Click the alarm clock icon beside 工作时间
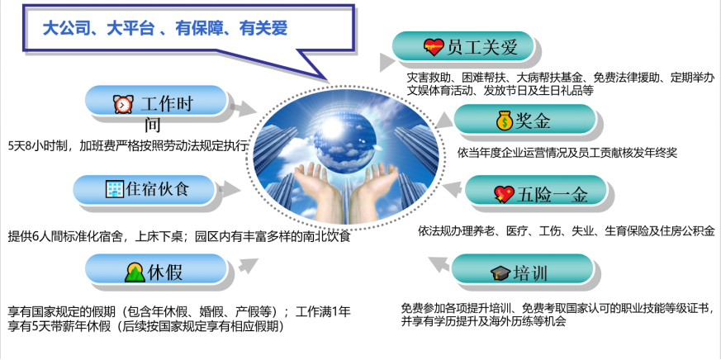click(x=123, y=104)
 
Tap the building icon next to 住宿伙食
click(x=115, y=188)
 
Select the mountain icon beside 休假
click(x=135, y=272)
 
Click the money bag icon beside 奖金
click(x=505, y=121)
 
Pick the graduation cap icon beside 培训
click(x=500, y=273)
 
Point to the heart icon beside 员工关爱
click(x=434, y=47)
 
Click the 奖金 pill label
click(x=524, y=120)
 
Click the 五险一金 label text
click(x=553, y=195)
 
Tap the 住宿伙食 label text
click(x=157, y=189)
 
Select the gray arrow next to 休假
click(x=248, y=265)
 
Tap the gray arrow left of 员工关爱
click(x=387, y=62)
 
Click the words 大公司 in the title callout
click(x=63, y=29)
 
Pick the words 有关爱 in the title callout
click(x=263, y=29)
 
